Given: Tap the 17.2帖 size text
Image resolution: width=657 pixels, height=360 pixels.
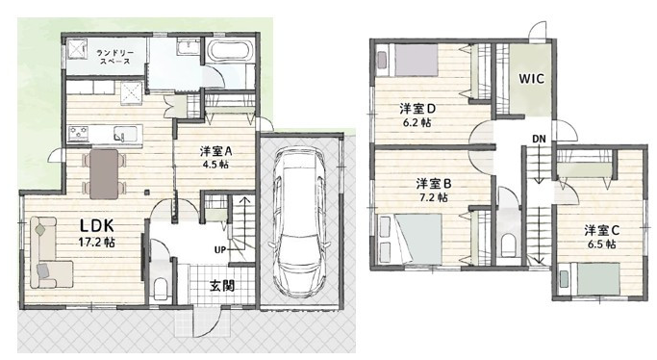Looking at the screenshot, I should tap(97, 244).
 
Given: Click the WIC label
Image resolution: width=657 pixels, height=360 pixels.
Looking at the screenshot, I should tap(533, 80).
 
